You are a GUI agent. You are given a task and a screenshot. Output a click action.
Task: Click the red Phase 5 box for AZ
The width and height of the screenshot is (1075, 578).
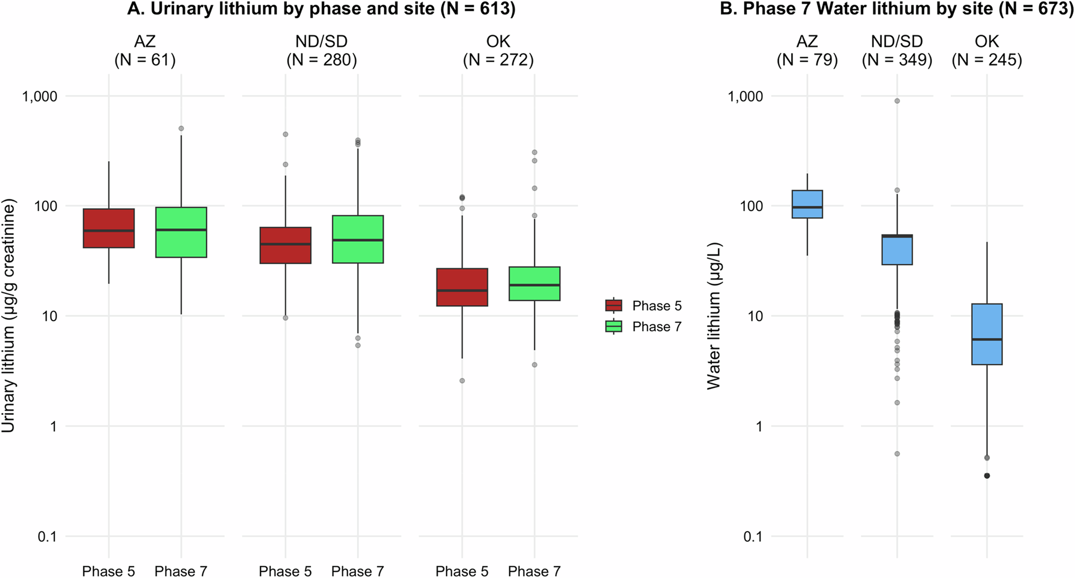[x=109, y=228]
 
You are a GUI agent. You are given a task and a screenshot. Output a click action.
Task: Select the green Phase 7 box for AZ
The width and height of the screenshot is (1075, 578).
[x=181, y=232]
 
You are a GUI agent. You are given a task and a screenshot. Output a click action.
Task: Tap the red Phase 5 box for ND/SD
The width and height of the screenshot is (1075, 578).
[x=285, y=245]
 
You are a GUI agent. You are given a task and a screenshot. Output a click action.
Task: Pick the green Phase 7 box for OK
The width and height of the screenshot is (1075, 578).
[x=534, y=284]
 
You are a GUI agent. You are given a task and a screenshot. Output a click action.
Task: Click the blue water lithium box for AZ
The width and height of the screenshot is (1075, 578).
[x=807, y=204]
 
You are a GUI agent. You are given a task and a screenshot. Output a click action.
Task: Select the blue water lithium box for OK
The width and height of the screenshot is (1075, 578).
[x=987, y=334]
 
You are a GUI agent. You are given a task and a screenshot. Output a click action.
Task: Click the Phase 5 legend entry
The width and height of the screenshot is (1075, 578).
[x=643, y=306]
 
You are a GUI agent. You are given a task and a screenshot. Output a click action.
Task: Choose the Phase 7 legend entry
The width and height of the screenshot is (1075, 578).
[x=643, y=327]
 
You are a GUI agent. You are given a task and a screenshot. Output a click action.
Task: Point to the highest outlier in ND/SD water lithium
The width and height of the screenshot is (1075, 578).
[x=897, y=101]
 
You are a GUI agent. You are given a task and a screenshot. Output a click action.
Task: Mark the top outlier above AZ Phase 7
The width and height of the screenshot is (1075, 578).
[x=181, y=128]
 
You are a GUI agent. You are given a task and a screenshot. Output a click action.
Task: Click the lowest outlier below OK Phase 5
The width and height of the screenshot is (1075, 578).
[x=462, y=381]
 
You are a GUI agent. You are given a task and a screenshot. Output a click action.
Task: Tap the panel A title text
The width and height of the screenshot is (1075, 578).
[x=321, y=9]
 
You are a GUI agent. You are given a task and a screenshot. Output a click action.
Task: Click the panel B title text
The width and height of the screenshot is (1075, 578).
[x=897, y=9]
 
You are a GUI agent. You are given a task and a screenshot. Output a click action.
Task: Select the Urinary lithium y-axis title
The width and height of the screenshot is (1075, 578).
[x=9, y=316]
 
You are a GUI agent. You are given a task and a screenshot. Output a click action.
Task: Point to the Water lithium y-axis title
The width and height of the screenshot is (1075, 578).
[x=714, y=316]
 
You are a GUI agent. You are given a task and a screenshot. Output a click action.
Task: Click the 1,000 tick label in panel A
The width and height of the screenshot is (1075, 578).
[x=39, y=96]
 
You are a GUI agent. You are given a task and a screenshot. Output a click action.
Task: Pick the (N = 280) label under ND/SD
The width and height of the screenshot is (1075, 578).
[x=321, y=60]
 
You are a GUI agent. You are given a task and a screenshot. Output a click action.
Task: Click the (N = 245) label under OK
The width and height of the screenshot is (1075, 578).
[x=987, y=60]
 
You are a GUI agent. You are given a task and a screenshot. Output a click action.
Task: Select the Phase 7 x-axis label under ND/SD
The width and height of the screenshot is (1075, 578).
[x=357, y=571]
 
